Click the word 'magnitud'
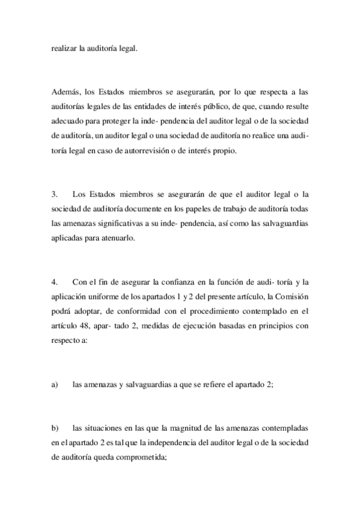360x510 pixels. [157, 428]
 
